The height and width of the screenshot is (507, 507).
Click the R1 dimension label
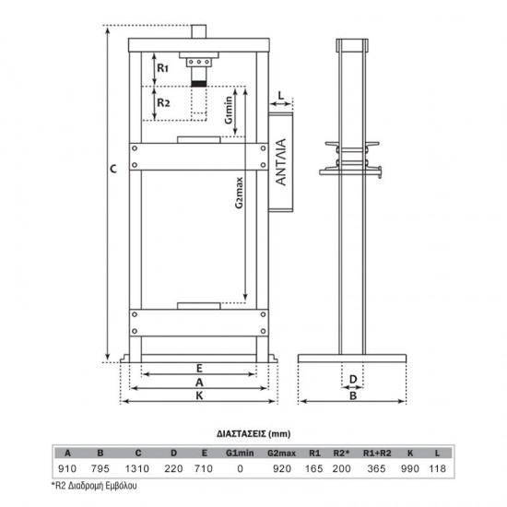[x=162, y=68]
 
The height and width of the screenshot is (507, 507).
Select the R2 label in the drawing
[x=163, y=103]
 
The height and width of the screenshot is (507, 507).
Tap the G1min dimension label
[x=229, y=110]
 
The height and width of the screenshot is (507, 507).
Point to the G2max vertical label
[x=239, y=193]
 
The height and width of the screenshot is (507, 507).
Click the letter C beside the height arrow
[x=113, y=169]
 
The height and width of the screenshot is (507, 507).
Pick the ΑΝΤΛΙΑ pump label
[x=281, y=162]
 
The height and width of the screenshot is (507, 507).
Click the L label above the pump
[x=281, y=96]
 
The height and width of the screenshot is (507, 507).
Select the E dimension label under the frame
[x=199, y=369]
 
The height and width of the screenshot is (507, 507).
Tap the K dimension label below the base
[x=199, y=395]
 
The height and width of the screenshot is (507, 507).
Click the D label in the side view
[x=353, y=379]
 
